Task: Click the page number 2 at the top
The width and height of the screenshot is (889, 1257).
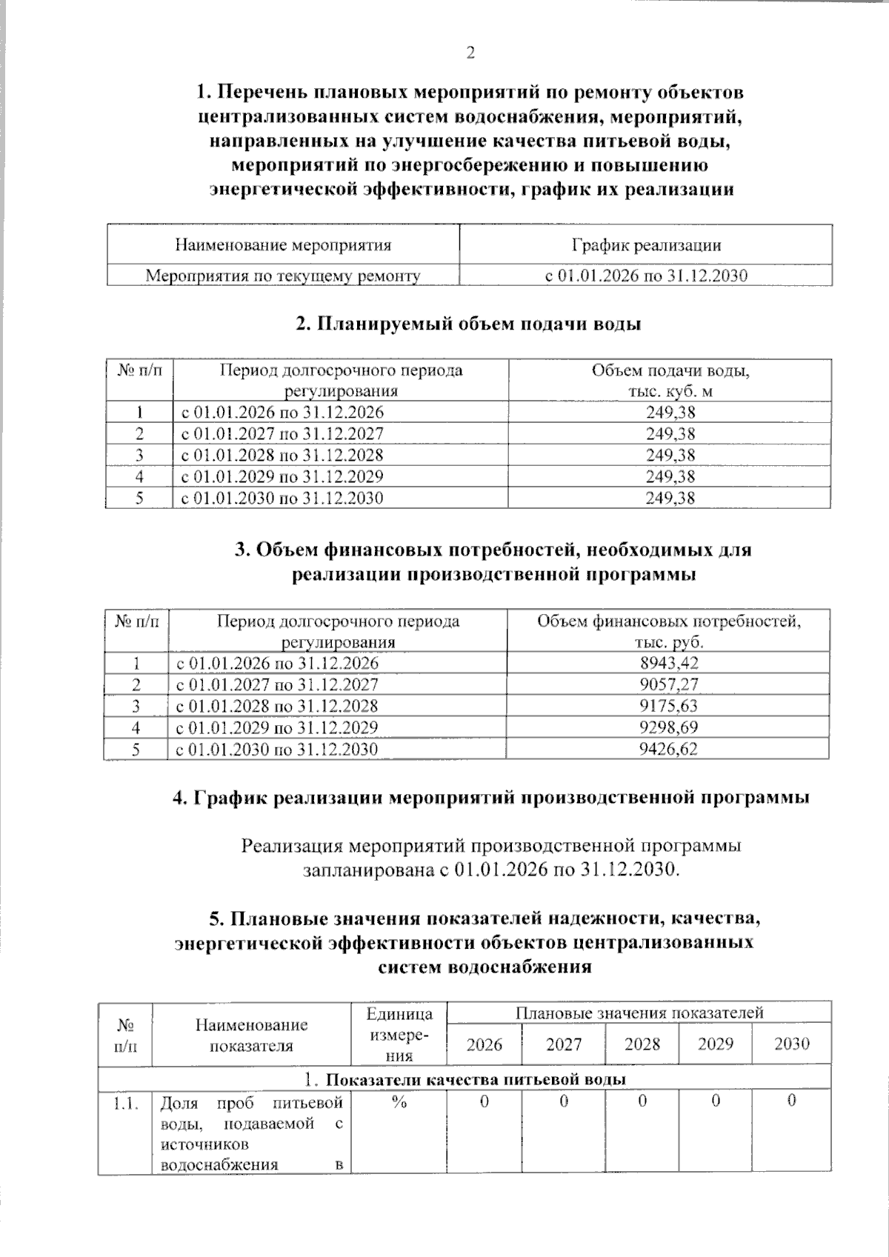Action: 470,53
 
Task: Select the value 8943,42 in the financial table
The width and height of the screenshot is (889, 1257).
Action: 668,663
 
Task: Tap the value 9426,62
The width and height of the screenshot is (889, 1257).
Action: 668,749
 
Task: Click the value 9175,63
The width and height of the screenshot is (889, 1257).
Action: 668,706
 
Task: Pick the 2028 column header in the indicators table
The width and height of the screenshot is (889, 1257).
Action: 642,1044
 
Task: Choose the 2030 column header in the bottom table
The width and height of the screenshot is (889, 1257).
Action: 791,1044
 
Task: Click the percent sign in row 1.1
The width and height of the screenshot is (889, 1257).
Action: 400,1102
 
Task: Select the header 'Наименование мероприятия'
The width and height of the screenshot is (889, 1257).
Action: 283,245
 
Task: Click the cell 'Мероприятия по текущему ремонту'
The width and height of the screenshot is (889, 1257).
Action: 283,276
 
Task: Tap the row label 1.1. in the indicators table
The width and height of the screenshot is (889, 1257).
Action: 125,1102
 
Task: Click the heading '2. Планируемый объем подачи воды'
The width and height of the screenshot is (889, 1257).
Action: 468,324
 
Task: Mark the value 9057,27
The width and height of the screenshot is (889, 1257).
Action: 668,684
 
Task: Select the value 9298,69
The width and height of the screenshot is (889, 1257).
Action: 668,727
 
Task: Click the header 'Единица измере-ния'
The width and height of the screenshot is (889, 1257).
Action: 400,1034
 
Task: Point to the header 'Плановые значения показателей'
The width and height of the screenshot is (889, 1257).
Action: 639,1013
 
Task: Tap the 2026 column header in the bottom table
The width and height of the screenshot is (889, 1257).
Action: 485,1044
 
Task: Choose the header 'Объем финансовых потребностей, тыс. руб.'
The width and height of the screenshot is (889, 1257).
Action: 669,631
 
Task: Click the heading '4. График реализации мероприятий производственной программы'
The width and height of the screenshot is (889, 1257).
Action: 490,798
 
